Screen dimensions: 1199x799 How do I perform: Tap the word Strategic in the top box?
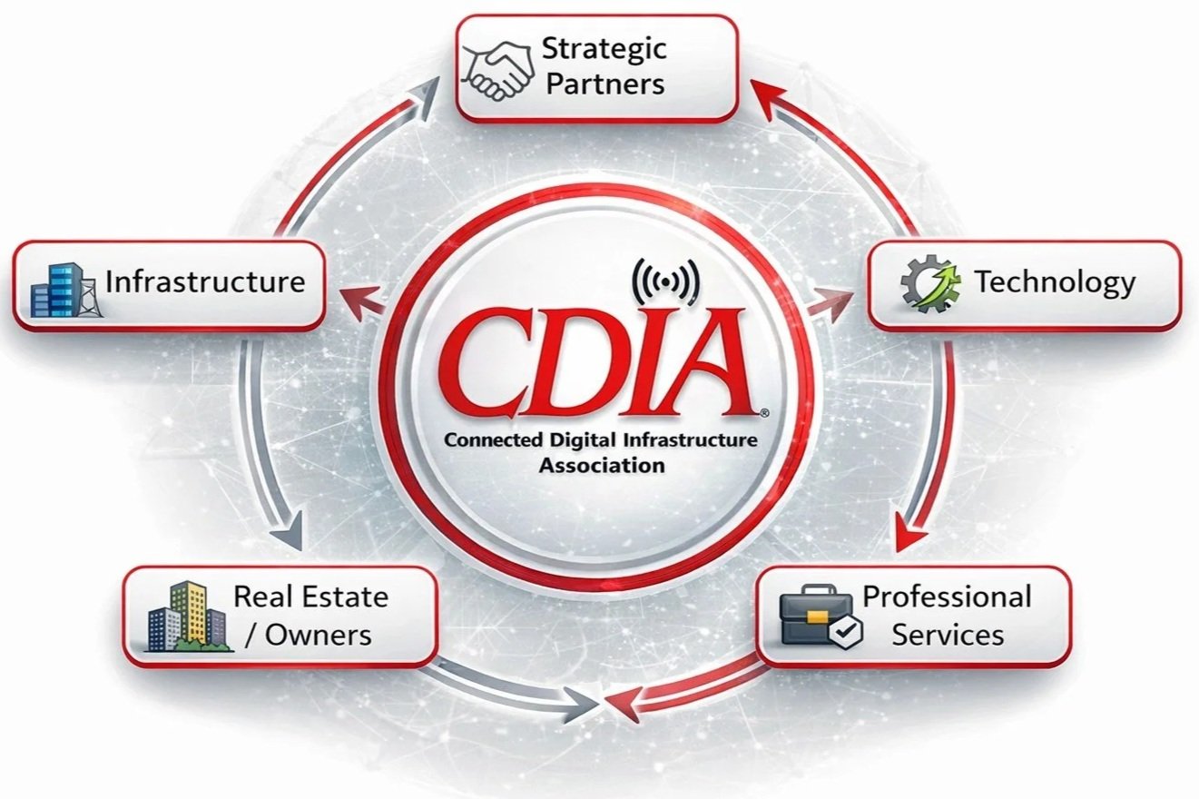pyautogui.click(x=604, y=48)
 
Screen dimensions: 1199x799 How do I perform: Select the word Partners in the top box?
pyautogui.click(x=604, y=84)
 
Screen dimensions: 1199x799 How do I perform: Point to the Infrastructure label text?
pyautogui.click(x=205, y=281)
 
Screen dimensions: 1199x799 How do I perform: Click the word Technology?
pyautogui.click(x=1055, y=282)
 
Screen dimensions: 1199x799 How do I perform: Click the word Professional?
pyautogui.click(x=947, y=597)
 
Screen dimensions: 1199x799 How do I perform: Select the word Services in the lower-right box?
pyautogui.click(x=947, y=634)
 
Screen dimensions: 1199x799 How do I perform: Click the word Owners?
pyautogui.click(x=318, y=634)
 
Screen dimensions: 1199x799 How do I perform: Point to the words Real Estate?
pyautogui.click(x=310, y=597)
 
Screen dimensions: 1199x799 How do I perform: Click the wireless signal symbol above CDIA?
pyautogui.click(x=664, y=280)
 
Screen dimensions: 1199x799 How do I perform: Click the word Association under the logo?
pyautogui.click(x=601, y=466)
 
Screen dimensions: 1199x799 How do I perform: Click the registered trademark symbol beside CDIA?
pyautogui.click(x=764, y=412)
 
